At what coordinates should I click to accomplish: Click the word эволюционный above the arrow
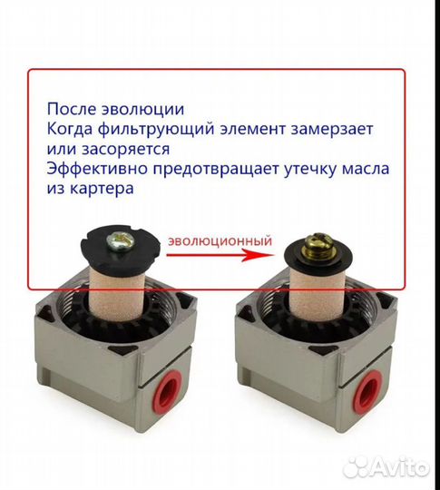pos(219,241)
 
